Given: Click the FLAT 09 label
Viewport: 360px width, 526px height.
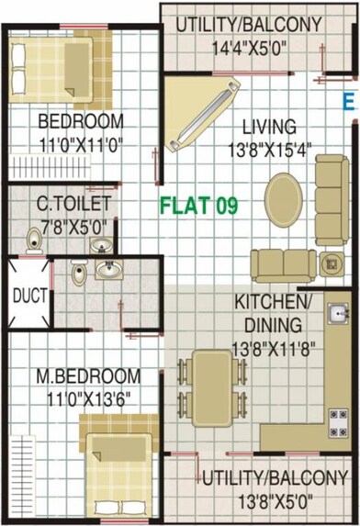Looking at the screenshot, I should pos(199,206).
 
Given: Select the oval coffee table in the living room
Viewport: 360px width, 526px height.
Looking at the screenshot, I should pos(283,196).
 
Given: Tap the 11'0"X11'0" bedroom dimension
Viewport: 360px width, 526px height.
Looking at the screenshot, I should pos(80,142).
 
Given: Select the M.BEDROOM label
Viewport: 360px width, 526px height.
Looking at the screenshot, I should pos(88,376).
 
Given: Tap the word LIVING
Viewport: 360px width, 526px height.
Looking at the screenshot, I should pos(263,127).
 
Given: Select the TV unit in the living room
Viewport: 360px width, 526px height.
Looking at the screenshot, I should pos(199,113).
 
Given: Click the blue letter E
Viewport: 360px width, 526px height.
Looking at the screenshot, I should pos(348,102).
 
